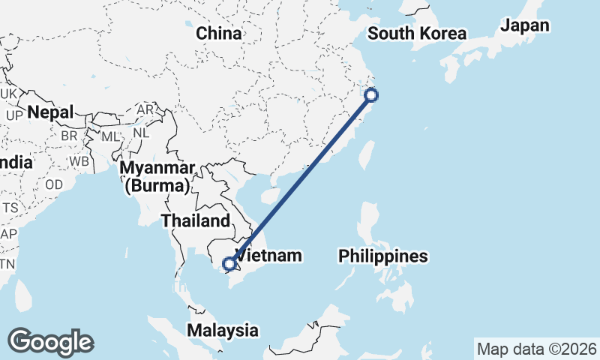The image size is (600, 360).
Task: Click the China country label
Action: pos(219,34)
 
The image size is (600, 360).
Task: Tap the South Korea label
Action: pos(417,34)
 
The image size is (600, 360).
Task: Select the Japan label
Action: pos(525,25)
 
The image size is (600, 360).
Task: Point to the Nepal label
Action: pos(51,113)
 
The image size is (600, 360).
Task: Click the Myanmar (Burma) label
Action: pos(160,175)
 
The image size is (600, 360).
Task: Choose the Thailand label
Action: pos(194,221)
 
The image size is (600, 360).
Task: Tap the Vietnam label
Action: pos(269,256)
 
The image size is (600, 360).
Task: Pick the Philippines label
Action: pos(382,256)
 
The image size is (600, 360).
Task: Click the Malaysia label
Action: pos(223,330)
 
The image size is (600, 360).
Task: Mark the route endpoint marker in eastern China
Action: pos(370,94)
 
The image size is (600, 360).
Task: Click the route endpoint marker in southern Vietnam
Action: pos(229,263)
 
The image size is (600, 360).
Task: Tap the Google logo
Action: pos(51,342)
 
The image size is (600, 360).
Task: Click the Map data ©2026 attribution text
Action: pos(536,349)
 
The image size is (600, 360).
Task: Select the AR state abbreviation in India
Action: pos(145,109)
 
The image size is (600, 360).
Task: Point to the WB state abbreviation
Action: pos(80,161)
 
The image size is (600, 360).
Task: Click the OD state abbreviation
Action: pos(54,184)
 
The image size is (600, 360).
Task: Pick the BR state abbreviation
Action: pos(70,136)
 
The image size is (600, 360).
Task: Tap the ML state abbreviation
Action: pos(110,136)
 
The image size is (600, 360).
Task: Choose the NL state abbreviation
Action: pos(139,132)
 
